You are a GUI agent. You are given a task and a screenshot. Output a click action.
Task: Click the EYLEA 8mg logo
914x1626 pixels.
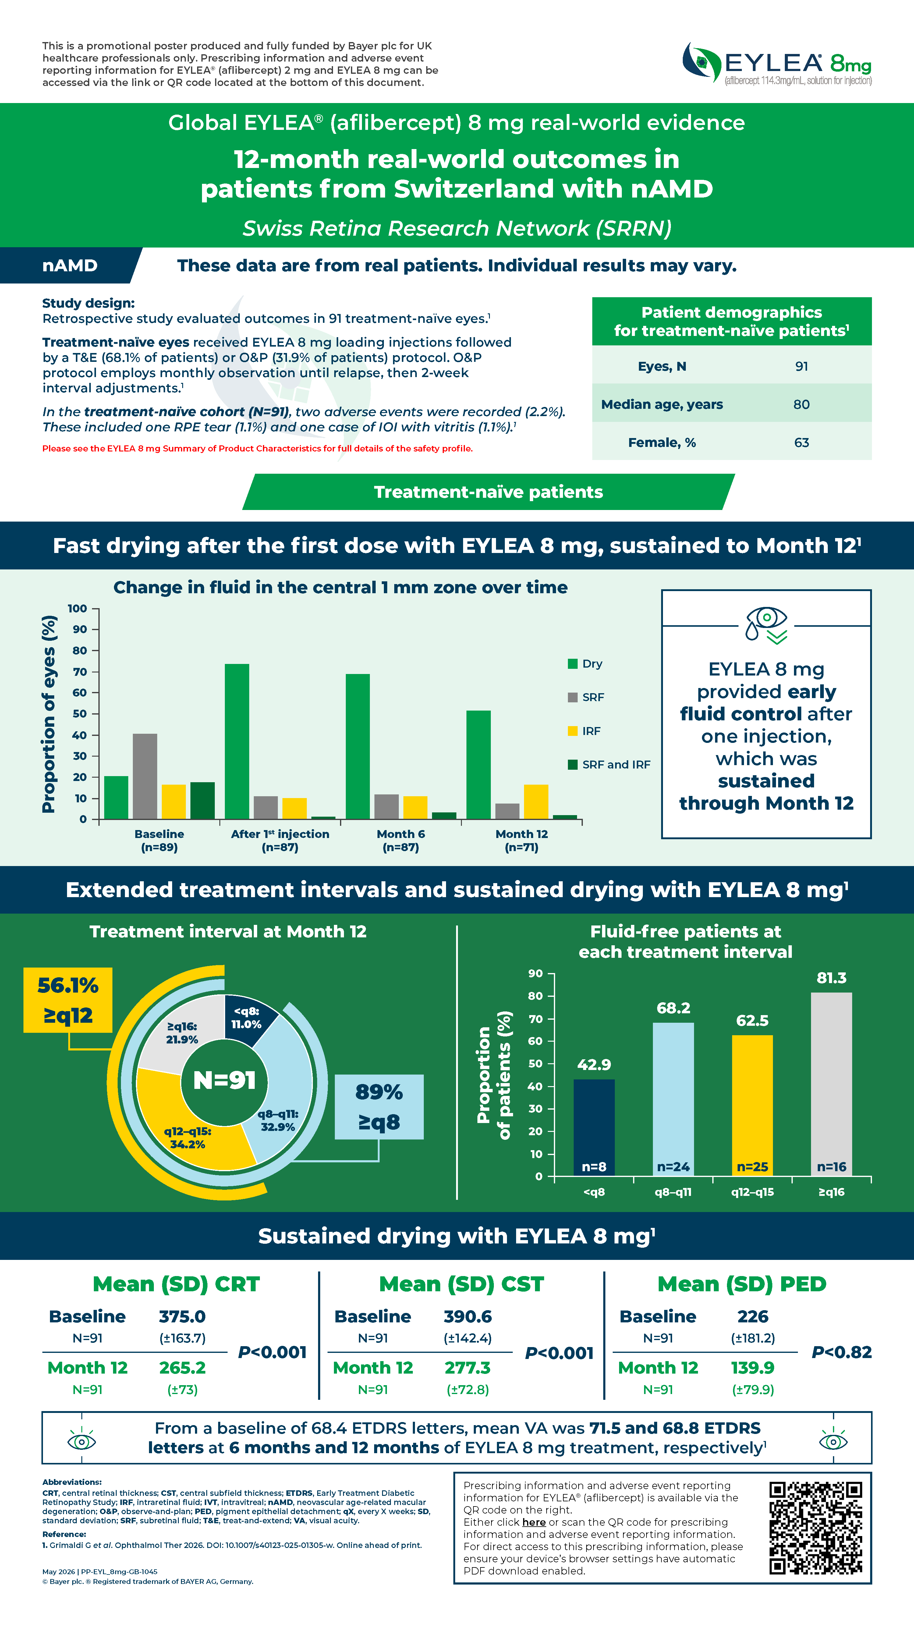[777, 63]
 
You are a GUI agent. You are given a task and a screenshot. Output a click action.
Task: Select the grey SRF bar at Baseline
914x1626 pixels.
[145, 776]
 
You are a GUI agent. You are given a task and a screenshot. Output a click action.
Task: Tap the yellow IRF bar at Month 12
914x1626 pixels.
[536, 802]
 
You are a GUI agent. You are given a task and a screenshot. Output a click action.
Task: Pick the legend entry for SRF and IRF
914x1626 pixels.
[609, 765]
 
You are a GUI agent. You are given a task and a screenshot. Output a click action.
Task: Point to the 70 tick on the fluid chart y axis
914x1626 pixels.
[80, 672]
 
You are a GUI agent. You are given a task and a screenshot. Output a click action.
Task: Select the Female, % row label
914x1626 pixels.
[662, 443]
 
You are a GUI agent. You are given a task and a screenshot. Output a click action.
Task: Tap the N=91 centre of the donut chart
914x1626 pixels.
[225, 1080]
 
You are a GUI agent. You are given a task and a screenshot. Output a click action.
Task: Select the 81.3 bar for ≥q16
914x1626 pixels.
[831, 1084]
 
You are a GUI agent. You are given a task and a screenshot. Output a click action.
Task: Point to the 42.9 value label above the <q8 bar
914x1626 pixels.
[594, 1065]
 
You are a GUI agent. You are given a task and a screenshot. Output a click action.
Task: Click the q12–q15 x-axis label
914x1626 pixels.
[753, 1192]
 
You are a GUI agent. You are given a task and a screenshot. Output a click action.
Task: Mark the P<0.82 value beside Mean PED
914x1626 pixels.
[841, 1352]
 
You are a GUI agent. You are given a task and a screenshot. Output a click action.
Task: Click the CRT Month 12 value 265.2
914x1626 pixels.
[182, 1367]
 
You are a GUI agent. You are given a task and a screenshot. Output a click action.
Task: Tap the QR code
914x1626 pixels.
[816, 1528]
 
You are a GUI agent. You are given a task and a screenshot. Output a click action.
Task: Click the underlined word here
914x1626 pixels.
[534, 1522]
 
